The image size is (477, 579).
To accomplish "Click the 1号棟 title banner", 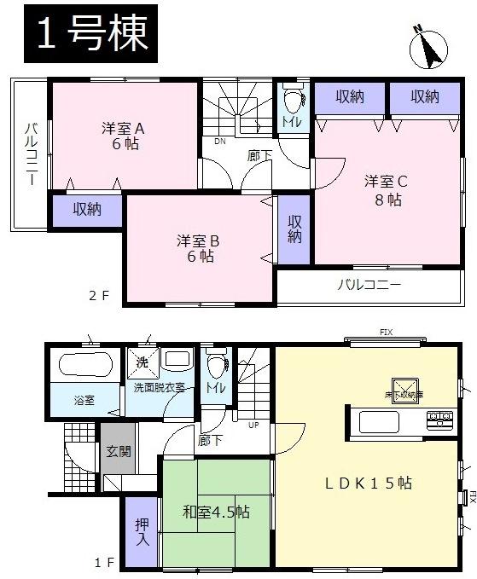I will tap(86, 34).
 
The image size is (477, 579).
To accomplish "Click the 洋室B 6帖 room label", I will tap(198, 248).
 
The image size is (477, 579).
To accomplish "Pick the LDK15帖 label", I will tap(369, 483).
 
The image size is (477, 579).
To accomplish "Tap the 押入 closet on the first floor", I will tap(142, 531).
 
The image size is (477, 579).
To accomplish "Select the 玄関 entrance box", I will tap(119, 452).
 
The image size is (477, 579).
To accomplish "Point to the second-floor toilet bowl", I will tap(292, 101).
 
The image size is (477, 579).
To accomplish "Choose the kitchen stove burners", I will tap(441, 419).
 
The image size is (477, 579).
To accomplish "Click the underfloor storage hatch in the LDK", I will tap(402, 390).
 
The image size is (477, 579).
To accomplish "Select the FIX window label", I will tap(386, 332).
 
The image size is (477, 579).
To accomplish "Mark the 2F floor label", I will tap(100, 296).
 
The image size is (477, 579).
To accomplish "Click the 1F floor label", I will tap(104, 563).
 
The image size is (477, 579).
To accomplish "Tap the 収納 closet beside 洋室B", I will tap(294, 228).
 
